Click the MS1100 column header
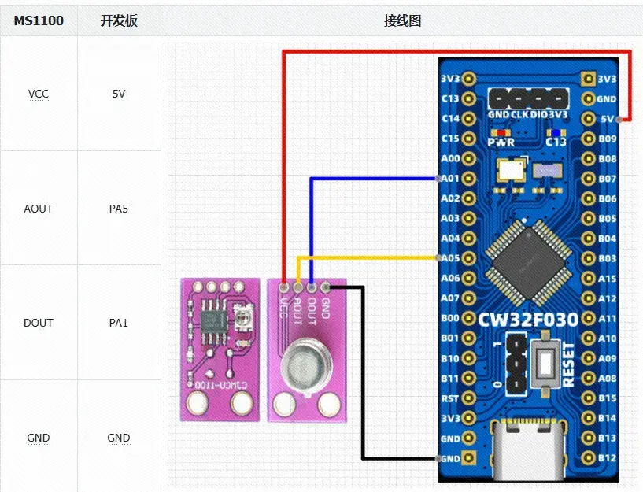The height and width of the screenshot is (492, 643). [x=39, y=20]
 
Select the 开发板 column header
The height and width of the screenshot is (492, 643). [x=119, y=20]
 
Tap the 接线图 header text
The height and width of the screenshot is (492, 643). [x=402, y=20]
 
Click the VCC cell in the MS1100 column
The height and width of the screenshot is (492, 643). [x=39, y=94]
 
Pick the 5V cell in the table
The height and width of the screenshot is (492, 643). [x=119, y=94]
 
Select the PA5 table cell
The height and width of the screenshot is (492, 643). [x=119, y=209]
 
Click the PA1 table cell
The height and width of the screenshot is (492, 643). [x=119, y=323]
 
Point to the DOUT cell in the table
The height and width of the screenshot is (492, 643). [x=39, y=323]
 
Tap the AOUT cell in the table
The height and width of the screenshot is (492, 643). [x=39, y=209]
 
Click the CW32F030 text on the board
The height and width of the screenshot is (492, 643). [x=528, y=319]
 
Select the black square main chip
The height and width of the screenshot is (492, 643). [x=527, y=262]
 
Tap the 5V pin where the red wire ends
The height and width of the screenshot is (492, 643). [x=622, y=119]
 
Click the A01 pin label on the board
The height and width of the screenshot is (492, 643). [x=450, y=179]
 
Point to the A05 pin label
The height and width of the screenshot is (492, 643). [x=450, y=258]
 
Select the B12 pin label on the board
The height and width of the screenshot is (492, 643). [x=607, y=457]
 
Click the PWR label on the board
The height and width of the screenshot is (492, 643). [x=501, y=142]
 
